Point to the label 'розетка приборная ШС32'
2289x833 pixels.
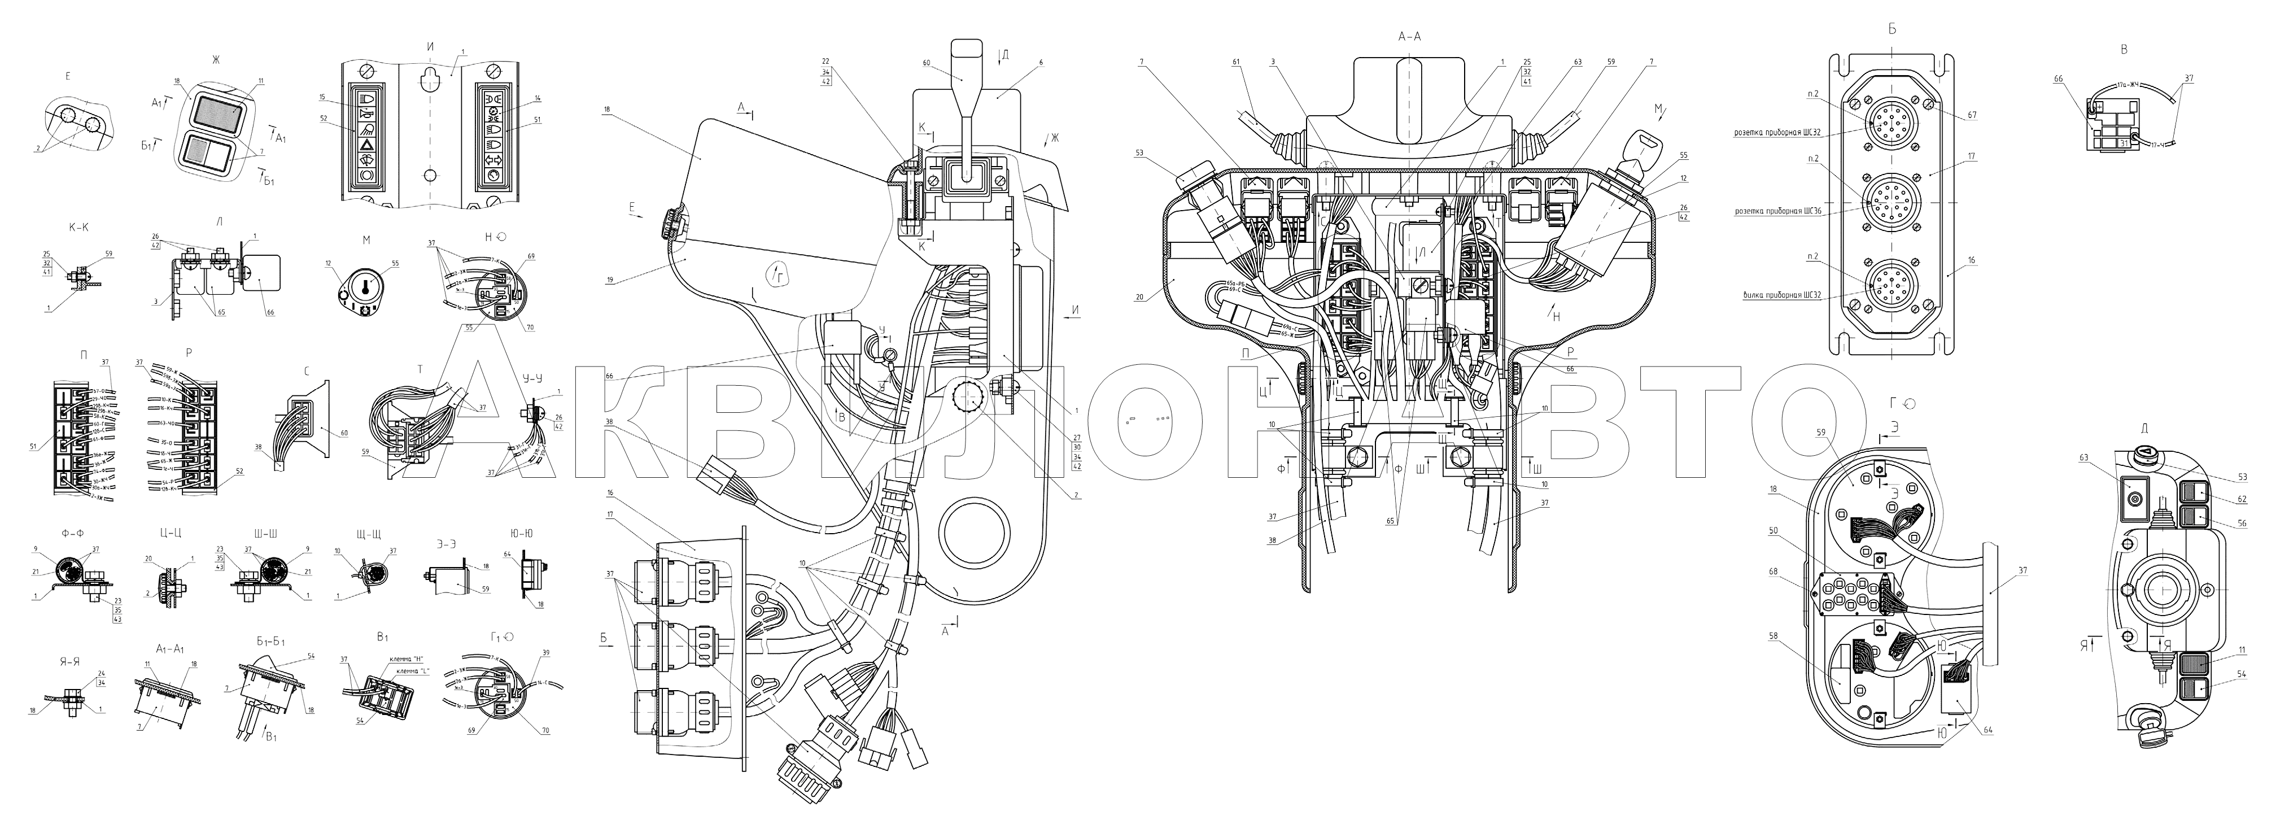(1780, 133)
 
